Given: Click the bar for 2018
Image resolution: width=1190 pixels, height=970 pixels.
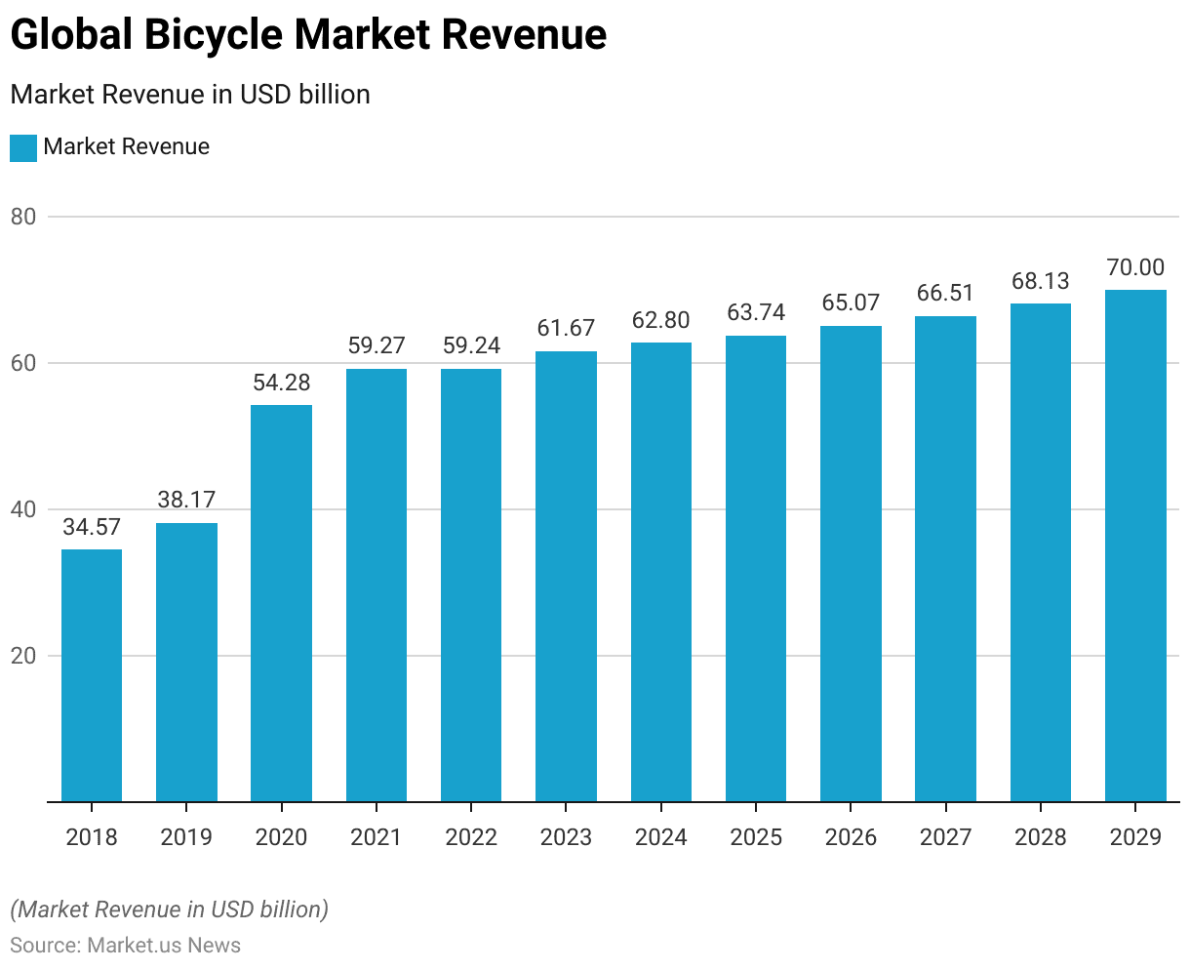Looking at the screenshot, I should click(x=92, y=675).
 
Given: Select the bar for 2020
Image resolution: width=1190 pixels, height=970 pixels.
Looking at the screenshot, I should click(x=281, y=603).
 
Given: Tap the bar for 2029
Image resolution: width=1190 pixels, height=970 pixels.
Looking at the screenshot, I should click(x=1135, y=546).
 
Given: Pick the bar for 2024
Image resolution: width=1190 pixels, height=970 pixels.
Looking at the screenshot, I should click(x=661, y=572).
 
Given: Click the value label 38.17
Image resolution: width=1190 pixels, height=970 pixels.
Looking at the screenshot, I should click(x=186, y=500).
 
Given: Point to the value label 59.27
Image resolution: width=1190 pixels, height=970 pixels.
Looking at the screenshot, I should click(x=377, y=345).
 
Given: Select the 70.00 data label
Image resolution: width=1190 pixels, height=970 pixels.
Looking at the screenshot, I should click(x=1135, y=267).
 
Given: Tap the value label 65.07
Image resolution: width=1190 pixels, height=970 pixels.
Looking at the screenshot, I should click(x=851, y=303).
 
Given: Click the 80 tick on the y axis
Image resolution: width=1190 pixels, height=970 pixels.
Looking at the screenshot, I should click(x=23, y=217).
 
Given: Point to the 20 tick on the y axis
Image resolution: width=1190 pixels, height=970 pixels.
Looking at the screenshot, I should click(x=23, y=656).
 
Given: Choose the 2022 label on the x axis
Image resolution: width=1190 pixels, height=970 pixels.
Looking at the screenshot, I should click(x=471, y=837).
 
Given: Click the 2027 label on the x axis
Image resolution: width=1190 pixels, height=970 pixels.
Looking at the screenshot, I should click(x=945, y=837).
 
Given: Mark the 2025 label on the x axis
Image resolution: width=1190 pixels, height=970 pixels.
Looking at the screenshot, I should click(x=756, y=837).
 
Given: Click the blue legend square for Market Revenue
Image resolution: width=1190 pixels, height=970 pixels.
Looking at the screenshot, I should click(x=23, y=147).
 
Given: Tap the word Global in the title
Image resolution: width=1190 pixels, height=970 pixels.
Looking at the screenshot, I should click(x=70, y=35).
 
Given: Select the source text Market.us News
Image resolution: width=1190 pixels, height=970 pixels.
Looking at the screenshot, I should click(x=164, y=945).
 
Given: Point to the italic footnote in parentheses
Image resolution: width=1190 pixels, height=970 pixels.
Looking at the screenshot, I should click(x=169, y=909).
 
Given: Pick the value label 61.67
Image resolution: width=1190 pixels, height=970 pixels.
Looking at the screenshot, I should click(x=566, y=328).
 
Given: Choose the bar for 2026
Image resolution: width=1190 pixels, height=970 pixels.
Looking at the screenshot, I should click(x=851, y=564).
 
